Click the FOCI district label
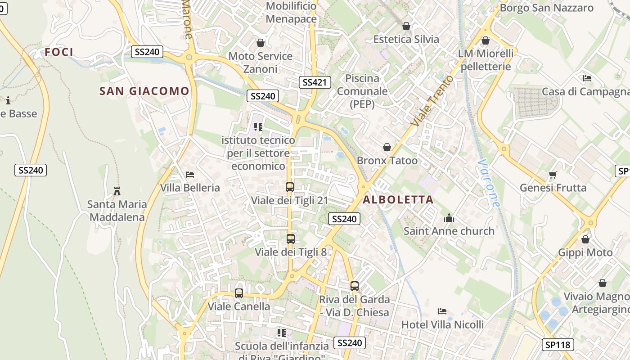tap(59, 52)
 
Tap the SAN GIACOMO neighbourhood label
tap(144, 91)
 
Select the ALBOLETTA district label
tap(398, 200)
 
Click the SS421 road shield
tap(315, 82)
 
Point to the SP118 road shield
tap(558, 345)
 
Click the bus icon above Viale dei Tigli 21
tap(290, 187)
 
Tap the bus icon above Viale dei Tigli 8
tap(291, 239)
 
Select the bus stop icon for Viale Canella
tap(239, 293)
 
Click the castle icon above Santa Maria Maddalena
tap(117, 191)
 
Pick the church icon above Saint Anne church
tap(449, 218)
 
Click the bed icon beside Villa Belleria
tap(190, 175)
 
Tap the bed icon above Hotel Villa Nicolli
tap(442, 311)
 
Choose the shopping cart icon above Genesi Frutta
tap(553, 175)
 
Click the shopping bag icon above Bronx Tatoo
tap(387, 148)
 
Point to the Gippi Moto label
tap(585, 252)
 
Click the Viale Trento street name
tap(432, 100)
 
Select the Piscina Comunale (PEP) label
tap(362, 91)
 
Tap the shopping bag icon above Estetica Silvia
tap(406, 27)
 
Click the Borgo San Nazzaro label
tap(547, 8)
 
